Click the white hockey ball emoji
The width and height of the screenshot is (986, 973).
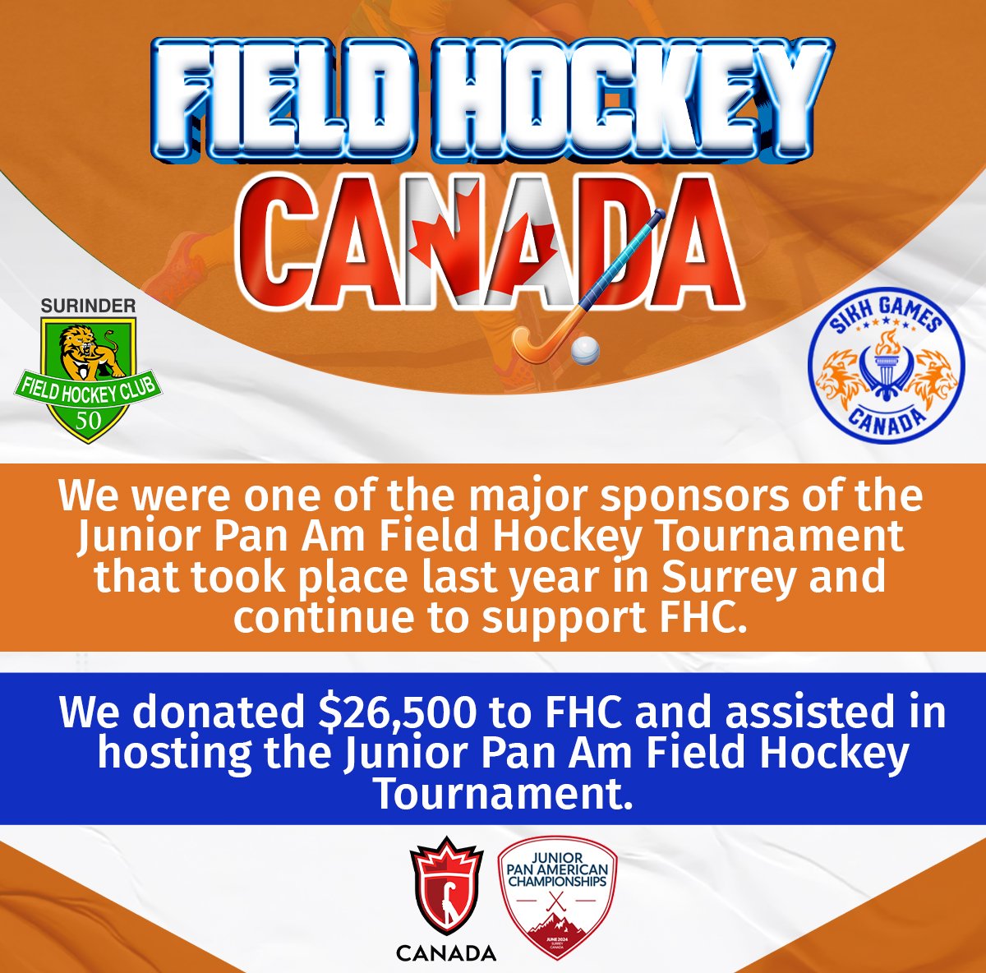585,350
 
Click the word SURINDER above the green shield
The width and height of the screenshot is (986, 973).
89,306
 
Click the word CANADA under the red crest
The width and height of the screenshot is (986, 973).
446,953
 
